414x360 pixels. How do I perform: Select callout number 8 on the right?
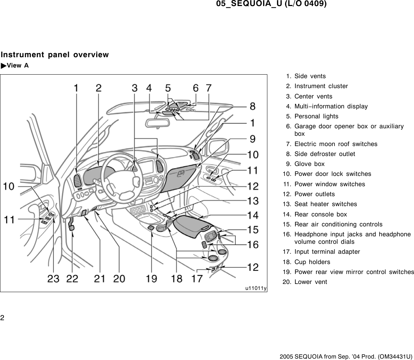point(252,106)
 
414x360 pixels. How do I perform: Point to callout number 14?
point(253,215)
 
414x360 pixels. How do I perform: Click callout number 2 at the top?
point(98,88)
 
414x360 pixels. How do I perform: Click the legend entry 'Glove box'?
point(309,164)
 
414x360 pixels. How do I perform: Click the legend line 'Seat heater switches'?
point(326,204)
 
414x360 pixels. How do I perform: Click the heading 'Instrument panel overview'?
point(55,55)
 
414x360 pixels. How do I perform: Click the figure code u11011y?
point(256,288)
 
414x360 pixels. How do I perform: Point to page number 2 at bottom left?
point(2,317)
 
